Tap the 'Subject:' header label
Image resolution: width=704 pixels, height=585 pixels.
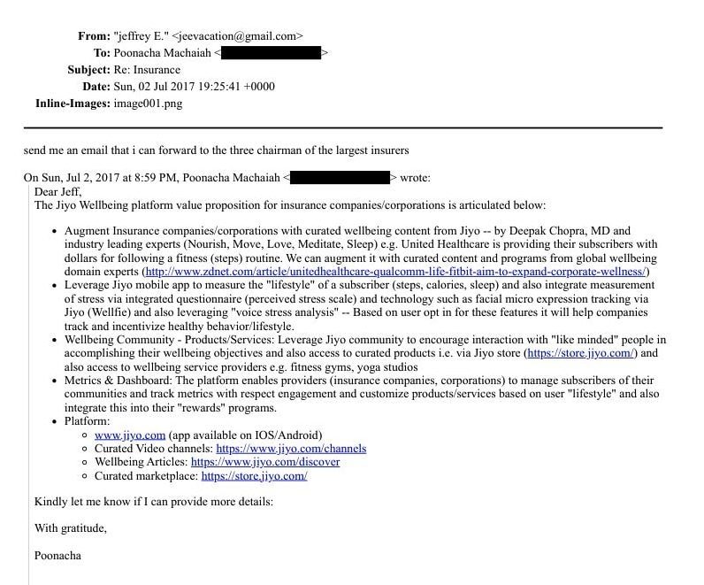[88, 70]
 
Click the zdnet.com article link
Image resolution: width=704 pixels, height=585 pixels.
[396, 272]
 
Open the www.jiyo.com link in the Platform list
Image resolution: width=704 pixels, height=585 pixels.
[130, 435]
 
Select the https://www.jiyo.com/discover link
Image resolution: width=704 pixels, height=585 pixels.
[265, 462]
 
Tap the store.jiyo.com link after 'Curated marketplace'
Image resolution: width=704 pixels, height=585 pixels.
[254, 476]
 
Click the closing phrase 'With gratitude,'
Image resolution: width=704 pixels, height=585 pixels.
[71, 528]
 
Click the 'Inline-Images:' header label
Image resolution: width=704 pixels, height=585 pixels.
[73, 104]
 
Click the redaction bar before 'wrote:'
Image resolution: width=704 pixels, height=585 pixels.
[340, 178]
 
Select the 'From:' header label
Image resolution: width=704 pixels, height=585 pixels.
[94, 36]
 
